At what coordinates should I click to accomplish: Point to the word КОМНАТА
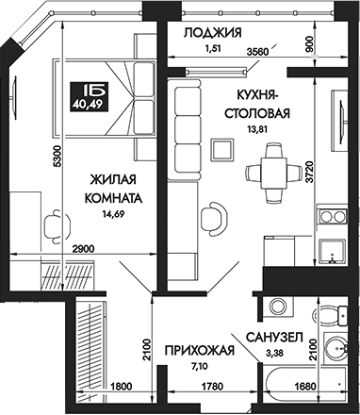pos(117,199)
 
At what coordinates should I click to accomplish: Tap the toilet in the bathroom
pos(333,346)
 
